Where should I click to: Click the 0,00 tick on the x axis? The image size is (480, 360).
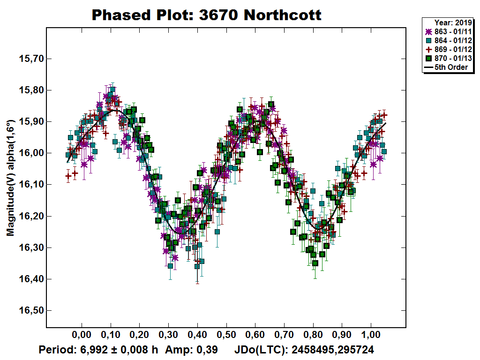click(x=82, y=337)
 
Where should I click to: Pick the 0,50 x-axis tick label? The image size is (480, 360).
click(x=226, y=337)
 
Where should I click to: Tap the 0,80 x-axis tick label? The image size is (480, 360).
click(x=313, y=337)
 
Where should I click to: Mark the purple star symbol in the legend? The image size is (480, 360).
click(x=427, y=32)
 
